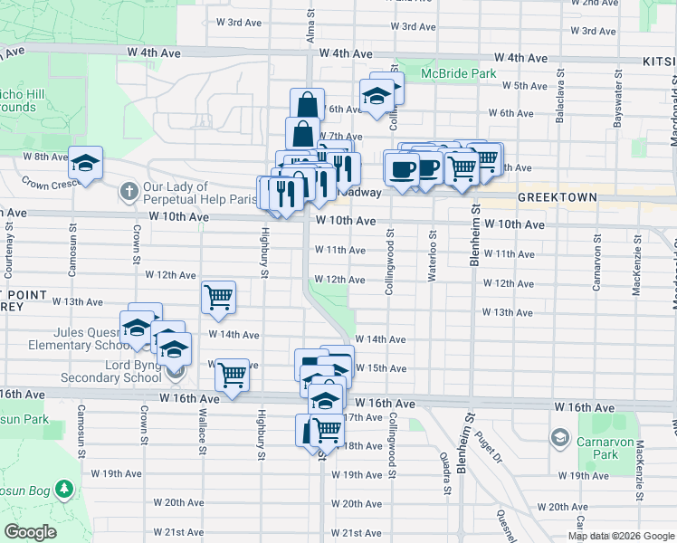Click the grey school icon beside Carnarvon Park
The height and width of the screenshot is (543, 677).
pos(560,439)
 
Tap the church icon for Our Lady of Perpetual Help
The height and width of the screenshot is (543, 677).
pos(129,191)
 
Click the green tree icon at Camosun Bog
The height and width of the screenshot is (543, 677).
pos(63,490)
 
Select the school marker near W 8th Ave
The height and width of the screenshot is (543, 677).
pos(86,163)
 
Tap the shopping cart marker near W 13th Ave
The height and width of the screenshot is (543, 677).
pos(218,297)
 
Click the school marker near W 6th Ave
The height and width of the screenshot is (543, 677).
pos(376,96)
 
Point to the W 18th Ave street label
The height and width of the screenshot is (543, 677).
pos(360,446)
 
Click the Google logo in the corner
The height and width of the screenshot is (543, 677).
pos(31,532)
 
